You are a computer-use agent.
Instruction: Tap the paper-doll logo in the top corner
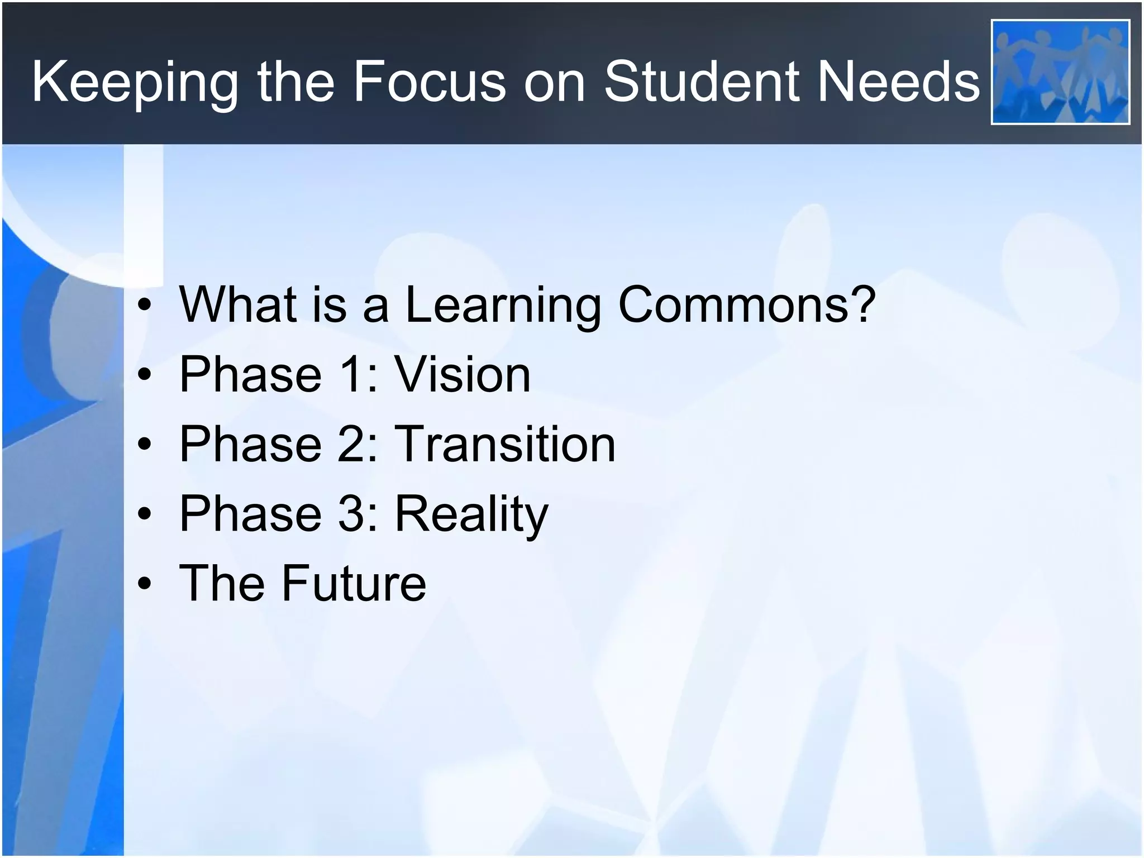(x=1060, y=72)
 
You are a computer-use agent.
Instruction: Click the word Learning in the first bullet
(x=503, y=306)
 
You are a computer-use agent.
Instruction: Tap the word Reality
(x=472, y=514)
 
